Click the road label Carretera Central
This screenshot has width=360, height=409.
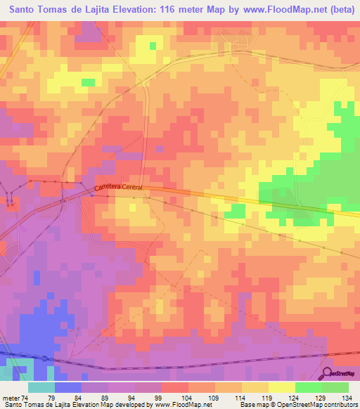coord(119,188)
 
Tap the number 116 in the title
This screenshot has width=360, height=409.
coord(181,10)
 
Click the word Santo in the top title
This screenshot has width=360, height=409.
coord(26,10)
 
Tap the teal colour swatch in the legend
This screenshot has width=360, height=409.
coord(41,387)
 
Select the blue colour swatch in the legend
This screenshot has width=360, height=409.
coord(68,387)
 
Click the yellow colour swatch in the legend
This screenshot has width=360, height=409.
coord(282,387)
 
